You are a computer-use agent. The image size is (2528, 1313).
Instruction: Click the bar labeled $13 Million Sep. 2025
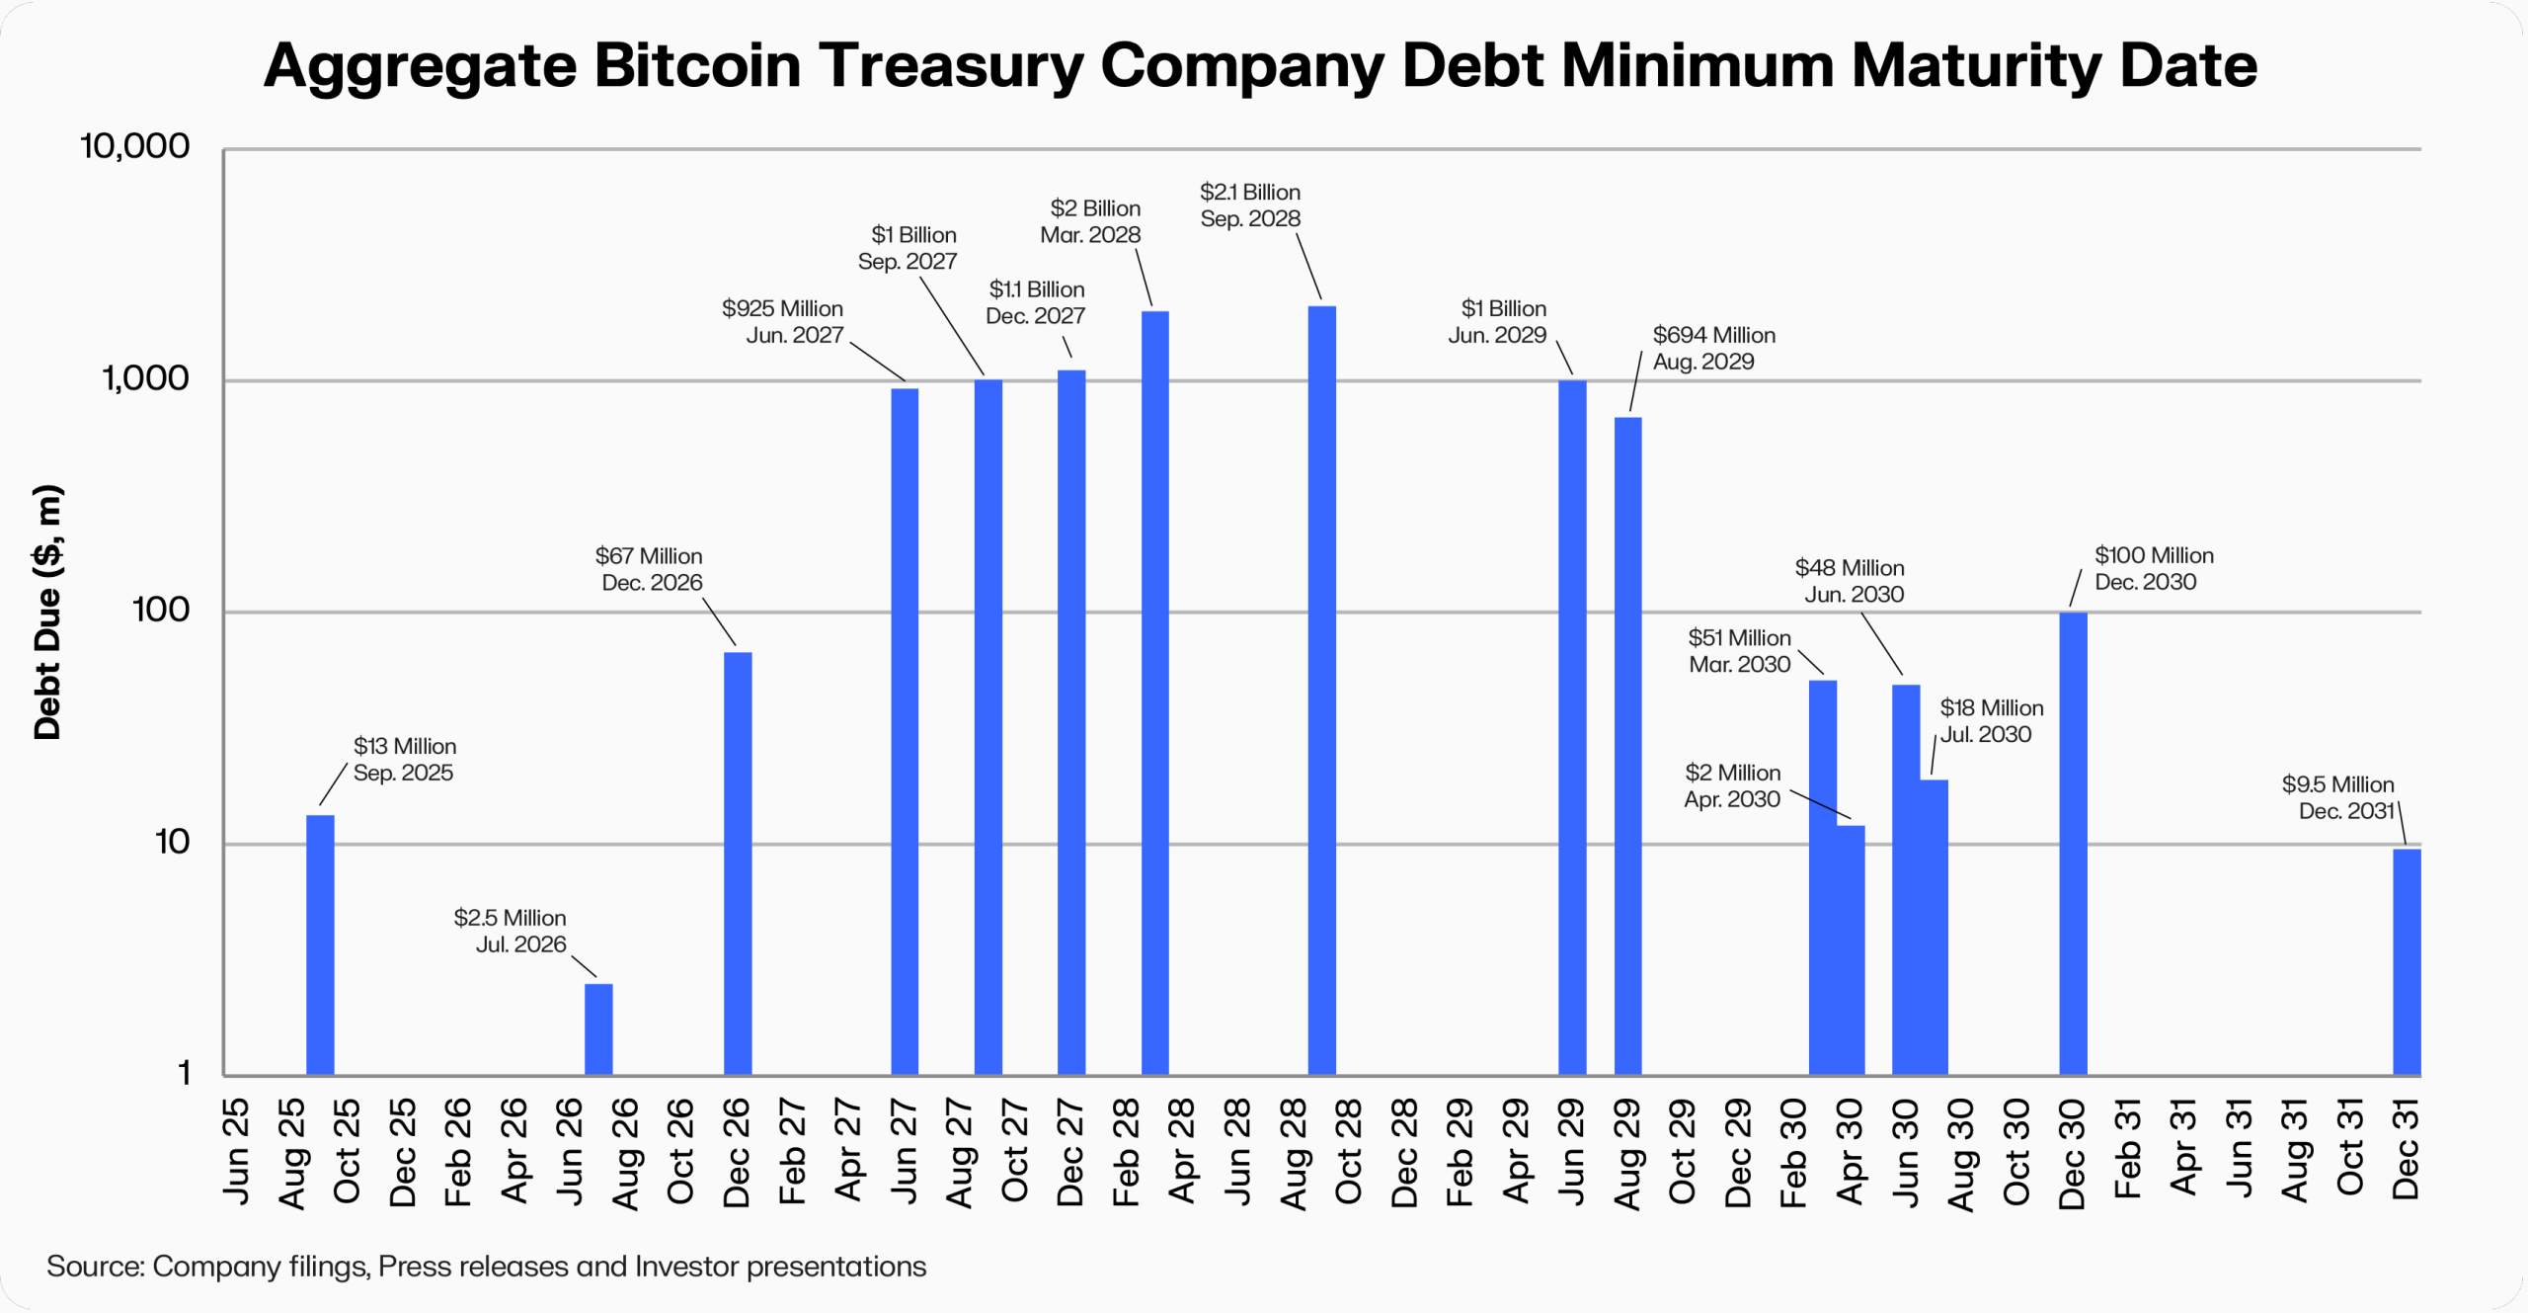coord(320,944)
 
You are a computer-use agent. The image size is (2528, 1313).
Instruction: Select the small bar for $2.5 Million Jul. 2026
coord(598,1028)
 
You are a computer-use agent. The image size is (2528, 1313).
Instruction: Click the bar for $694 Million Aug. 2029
coord(1627,746)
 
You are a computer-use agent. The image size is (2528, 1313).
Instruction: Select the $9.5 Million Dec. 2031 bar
coord(2406,961)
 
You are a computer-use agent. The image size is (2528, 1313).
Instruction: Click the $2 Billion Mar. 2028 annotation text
coord(1091,221)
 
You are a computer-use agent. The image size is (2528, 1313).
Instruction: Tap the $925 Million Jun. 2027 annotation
coord(783,322)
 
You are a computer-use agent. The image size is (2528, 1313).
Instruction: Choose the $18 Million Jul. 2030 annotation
coord(1990,721)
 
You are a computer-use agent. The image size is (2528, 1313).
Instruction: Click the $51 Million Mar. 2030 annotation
coord(1739,651)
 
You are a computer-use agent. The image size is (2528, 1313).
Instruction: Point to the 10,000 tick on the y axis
coord(134,146)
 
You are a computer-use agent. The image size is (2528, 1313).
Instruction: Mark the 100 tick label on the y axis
coord(160,610)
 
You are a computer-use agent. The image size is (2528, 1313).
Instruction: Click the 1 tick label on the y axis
coord(184,1073)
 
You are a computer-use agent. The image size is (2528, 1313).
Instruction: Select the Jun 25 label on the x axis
coord(236,1151)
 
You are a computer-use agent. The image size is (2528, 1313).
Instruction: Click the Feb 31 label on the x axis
coord(2127,1148)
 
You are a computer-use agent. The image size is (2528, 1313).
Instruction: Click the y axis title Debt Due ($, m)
coord(47,613)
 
